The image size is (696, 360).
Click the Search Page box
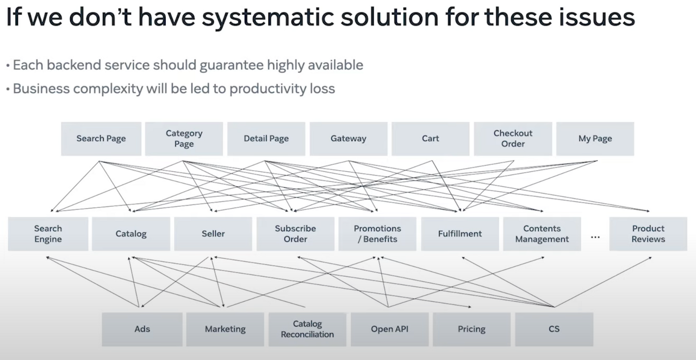(101, 139)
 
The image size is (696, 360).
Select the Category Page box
(184, 139)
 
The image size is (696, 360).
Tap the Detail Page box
(266, 139)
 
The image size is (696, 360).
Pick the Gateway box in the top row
(349, 139)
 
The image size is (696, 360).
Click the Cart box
(431, 139)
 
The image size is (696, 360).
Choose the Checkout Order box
(513, 139)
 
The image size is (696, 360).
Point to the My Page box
(595, 139)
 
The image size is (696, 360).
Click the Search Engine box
(48, 234)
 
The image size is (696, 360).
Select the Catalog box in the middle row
(131, 234)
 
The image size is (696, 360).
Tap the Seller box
(213, 234)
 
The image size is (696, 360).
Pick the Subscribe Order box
(295, 234)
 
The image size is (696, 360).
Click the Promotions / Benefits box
(377, 234)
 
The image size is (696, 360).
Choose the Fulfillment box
(460, 234)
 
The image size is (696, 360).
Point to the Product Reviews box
(648, 234)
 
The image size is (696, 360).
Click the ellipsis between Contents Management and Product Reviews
(595, 237)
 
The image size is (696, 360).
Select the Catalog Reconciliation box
(307, 329)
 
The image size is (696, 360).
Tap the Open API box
(389, 329)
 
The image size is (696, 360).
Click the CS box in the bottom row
(554, 329)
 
